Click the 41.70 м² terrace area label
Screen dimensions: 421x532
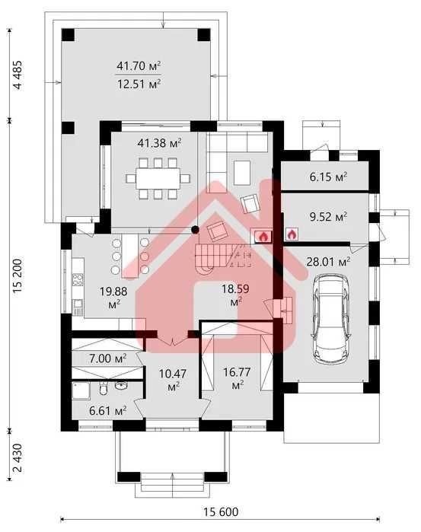pyautogui.click(x=139, y=65)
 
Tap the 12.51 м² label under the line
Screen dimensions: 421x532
pyautogui.click(x=139, y=84)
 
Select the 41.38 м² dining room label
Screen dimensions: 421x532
pyautogui.click(x=159, y=143)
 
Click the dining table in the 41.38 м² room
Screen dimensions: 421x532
pyautogui.click(x=158, y=178)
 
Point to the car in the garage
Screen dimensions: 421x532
pyautogui.click(x=331, y=319)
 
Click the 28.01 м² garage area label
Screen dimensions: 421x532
pyautogui.click(x=328, y=262)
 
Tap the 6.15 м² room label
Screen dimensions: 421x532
pyautogui.click(x=328, y=177)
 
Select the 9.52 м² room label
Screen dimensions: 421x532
pyautogui.click(x=328, y=216)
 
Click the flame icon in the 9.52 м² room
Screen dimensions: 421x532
pyautogui.click(x=292, y=234)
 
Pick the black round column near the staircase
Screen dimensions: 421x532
pyautogui.click(x=195, y=230)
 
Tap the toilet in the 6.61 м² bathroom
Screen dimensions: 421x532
pyautogui.click(x=104, y=388)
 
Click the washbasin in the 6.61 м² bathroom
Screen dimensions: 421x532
pyautogui.click(x=121, y=385)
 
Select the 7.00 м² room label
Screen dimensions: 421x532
pyautogui.click(x=108, y=358)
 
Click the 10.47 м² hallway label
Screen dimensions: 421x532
pyautogui.click(x=173, y=379)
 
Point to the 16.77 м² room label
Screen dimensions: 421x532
pyautogui.click(x=237, y=378)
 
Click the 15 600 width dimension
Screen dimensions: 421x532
pyautogui.click(x=221, y=511)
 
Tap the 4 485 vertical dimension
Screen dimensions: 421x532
pyautogui.click(x=18, y=75)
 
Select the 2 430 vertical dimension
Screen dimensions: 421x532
pyautogui.click(x=18, y=457)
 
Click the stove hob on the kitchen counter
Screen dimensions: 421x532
pyautogui.click(x=78, y=280)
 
